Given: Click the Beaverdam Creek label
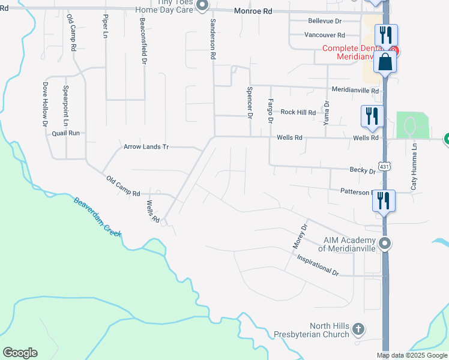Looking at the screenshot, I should [x=98, y=215].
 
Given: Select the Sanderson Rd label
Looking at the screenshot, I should [x=212, y=38].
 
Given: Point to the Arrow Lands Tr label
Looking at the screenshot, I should [x=147, y=146].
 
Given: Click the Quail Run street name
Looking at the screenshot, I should [x=65, y=133].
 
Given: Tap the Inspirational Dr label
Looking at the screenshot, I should [x=318, y=265].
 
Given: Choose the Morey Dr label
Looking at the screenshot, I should [x=300, y=237].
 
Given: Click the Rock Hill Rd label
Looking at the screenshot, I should [x=298, y=112].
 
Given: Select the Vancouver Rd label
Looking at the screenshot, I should [x=324, y=35].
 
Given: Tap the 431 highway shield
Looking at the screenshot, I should [x=383, y=166].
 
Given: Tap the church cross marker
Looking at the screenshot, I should [x=358, y=329].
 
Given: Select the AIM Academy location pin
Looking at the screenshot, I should [x=386, y=244].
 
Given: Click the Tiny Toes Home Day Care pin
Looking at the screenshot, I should [x=202, y=6].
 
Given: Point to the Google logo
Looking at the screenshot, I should [x=20, y=353].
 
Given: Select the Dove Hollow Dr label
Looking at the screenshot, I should [x=45, y=104].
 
